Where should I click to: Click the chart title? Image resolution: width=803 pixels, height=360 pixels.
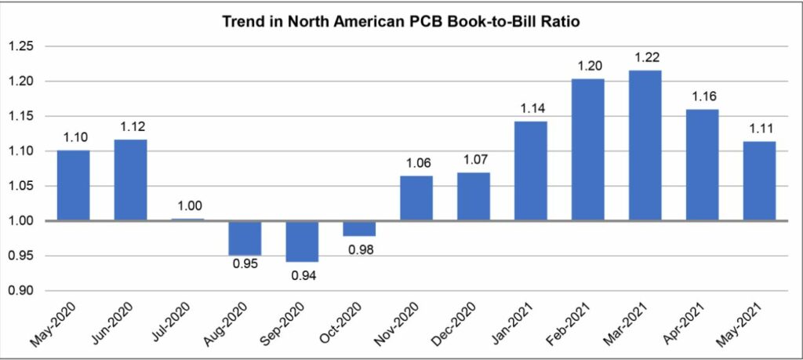[401, 21]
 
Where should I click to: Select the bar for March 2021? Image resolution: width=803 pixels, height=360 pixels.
[645, 145]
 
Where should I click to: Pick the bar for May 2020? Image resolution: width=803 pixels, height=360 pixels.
[73, 185]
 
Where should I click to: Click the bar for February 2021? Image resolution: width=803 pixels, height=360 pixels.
[588, 149]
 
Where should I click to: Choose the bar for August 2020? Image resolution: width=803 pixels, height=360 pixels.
[245, 238]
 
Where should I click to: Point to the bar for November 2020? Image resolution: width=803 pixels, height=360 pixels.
[416, 198]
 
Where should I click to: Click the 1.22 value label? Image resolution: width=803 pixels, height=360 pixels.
[645, 58]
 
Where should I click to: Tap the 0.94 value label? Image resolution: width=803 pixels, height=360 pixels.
[302, 275]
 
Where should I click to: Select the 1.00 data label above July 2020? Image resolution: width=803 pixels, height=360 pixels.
[187, 205]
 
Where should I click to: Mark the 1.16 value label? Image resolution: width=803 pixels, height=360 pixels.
[702, 96]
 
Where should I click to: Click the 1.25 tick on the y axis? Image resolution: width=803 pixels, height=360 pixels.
[21, 46]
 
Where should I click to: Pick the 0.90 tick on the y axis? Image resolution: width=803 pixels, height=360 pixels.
[21, 291]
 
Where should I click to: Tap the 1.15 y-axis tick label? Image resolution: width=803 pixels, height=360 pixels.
[21, 116]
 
